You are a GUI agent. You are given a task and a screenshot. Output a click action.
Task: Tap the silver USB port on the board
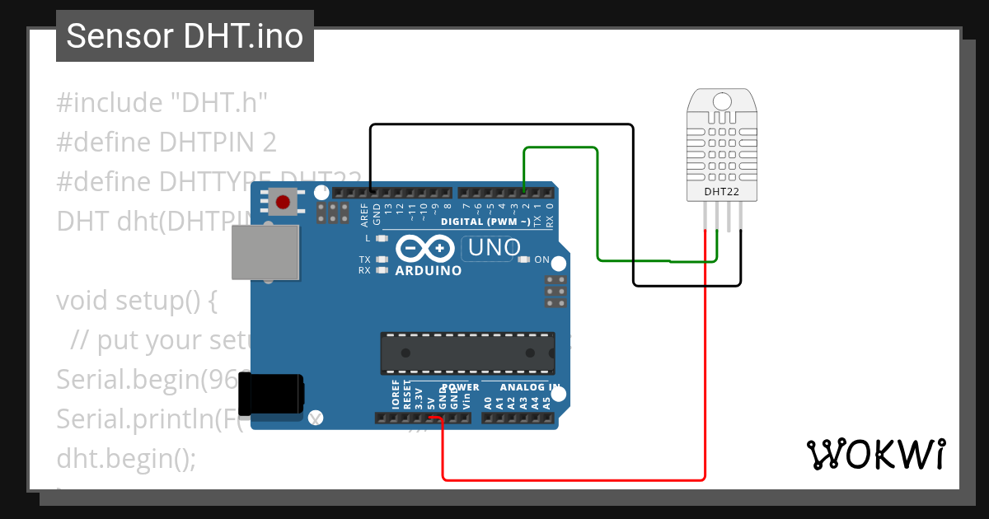click(x=265, y=252)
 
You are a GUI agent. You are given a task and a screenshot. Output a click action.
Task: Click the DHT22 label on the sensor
click(x=720, y=193)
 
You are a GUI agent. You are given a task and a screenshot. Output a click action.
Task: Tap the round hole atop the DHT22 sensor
click(x=721, y=101)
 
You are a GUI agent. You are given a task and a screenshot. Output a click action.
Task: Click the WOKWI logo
click(x=875, y=454)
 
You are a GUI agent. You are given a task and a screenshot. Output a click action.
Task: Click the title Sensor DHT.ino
click(x=185, y=36)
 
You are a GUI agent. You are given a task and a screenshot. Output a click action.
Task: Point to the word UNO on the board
click(x=494, y=247)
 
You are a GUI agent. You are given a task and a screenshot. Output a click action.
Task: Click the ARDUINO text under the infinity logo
click(x=429, y=270)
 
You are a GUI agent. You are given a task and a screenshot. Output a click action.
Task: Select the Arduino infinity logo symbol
click(x=425, y=248)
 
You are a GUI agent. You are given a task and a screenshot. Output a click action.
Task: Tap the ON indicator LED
click(x=523, y=260)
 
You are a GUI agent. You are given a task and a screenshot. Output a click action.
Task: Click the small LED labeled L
click(x=381, y=239)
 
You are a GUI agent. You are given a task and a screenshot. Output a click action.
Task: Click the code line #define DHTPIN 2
click(x=166, y=143)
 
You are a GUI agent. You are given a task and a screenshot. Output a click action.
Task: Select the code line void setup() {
click(x=137, y=300)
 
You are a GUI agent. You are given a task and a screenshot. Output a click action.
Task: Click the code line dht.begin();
click(x=126, y=458)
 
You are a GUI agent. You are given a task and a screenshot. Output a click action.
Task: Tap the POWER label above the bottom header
click(x=460, y=387)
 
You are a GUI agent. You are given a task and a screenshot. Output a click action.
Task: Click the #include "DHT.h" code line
click(x=163, y=103)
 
